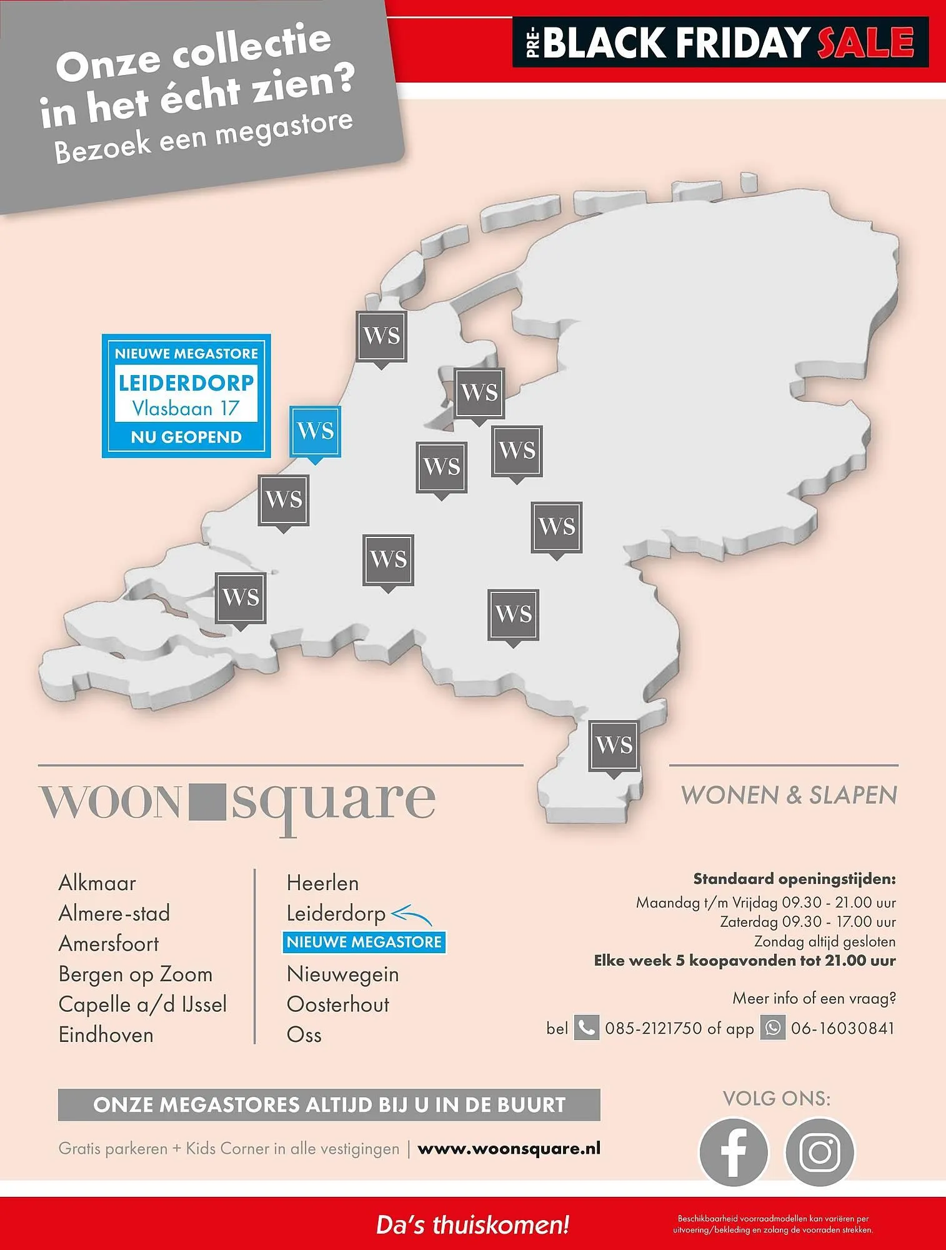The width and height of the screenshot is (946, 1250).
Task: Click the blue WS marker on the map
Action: (315, 431)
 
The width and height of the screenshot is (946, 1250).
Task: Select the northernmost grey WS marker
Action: (381, 336)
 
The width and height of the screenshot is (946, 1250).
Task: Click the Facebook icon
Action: (733, 1152)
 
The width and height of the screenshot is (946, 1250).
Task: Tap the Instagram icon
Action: (819, 1152)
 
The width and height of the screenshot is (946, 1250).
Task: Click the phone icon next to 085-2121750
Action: (586, 1028)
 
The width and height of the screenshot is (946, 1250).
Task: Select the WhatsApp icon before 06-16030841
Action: (772, 1028)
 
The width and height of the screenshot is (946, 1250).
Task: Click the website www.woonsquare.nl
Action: (509, 1149)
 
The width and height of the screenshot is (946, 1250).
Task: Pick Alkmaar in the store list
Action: (97, 883)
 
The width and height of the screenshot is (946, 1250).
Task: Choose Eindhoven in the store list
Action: (106, 1035)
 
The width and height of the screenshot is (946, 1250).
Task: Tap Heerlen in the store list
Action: (322, 883)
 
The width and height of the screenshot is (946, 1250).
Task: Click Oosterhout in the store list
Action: (337, 1004)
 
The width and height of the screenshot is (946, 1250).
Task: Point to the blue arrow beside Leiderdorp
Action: (411, 915)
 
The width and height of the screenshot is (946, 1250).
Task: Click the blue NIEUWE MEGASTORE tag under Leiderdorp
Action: (364, 942)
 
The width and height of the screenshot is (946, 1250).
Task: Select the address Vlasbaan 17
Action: (186, 409)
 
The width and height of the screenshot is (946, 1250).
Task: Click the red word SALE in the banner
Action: (865, 42)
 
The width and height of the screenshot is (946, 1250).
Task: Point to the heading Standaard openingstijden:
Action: (794, 879)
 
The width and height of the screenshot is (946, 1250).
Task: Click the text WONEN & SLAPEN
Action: (789, 796)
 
